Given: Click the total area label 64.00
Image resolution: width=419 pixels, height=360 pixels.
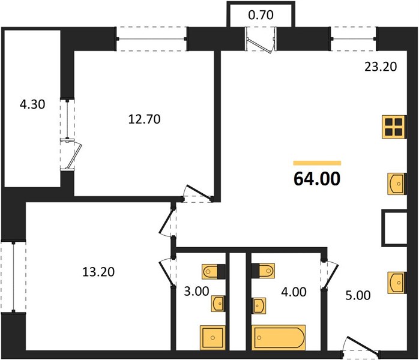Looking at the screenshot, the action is (x=317, y=179).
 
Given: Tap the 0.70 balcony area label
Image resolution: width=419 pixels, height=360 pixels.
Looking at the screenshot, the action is (x=261, y=15).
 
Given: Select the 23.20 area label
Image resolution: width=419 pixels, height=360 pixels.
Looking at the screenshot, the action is (x=381, y=67).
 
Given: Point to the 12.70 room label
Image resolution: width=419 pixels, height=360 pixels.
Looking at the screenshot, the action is (x=144, y=119).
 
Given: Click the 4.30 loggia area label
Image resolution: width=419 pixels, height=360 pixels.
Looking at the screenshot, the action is (x=32, y=104).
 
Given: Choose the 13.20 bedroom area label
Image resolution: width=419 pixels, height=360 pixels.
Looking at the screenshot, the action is (x=98, y=272).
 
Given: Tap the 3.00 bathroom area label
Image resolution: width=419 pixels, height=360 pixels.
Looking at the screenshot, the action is (x=196, y=291).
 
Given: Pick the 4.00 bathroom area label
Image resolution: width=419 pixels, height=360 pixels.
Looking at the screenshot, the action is (x=294, y=292).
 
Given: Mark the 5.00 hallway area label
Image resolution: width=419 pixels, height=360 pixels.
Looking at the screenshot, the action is (x=358, y=295).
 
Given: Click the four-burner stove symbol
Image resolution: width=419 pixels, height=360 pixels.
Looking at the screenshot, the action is (x=394, y=127).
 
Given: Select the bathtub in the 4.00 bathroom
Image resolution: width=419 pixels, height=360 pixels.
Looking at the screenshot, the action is (x=279, y=337).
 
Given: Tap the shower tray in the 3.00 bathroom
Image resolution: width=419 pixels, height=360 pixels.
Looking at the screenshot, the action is (x=213, y=338).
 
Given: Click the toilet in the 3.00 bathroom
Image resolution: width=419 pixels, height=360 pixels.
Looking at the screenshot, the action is (x=214, y=272).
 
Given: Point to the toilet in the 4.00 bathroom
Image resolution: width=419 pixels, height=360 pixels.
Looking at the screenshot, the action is (x=263, y=271).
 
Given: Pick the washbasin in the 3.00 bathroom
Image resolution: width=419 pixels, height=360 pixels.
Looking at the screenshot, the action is (x=218, y=304).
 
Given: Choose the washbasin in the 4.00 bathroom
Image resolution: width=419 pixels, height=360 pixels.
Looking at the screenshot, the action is (x=259, y=305).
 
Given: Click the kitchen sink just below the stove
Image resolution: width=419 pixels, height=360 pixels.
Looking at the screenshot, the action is (x=397, y=184).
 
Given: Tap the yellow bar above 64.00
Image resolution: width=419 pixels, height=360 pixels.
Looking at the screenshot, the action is (x=317, y=163).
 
